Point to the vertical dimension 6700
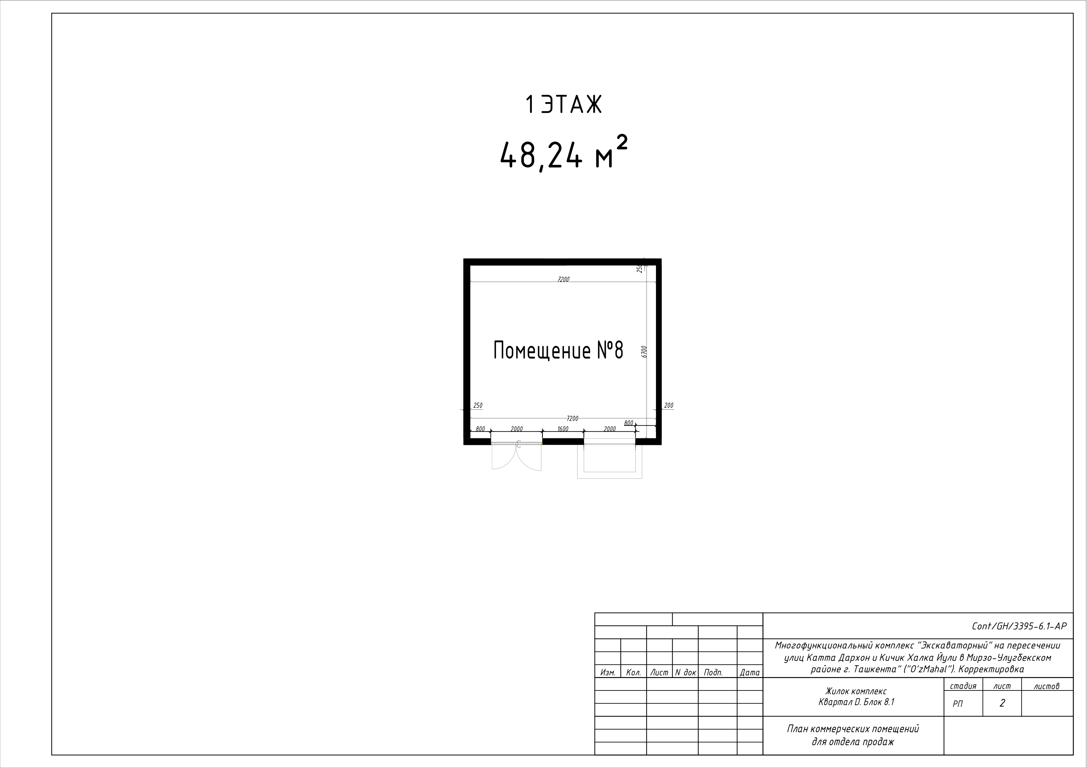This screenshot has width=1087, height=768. pyautogui.click(x=644, y=351)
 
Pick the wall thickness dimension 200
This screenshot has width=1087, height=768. pyautogui.click(x=668, y=406)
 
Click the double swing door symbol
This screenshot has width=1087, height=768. pyautogui.click(x=516, y=456)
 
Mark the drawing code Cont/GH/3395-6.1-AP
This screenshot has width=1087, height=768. pyautogui.click(x=1019, y=626)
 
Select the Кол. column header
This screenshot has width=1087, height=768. pyautogui.click(x=633, y=672)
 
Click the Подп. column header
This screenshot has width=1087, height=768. pyautogui.click(x=713, y=672)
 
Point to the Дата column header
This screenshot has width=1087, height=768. pyautogui.click(x=749, y=672)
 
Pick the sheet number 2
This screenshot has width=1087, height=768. pyautogui.click(x=1002, y=704)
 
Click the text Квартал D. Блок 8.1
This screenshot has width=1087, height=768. pyautogui.click(x=856, y=702)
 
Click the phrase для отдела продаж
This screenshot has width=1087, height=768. pyautogui.click(x=853, y=742)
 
